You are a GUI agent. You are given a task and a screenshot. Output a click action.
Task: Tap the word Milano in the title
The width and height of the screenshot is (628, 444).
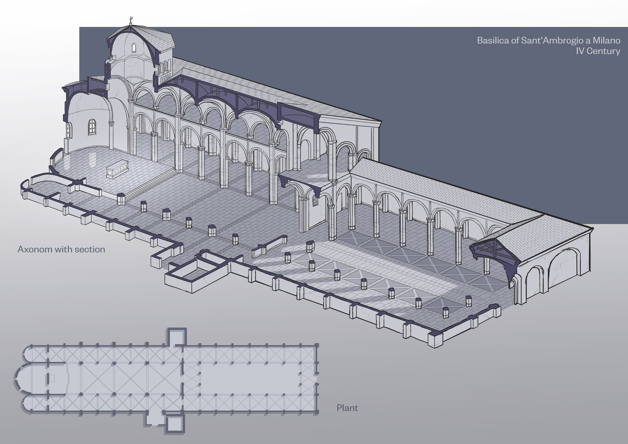click(x=606, y=40)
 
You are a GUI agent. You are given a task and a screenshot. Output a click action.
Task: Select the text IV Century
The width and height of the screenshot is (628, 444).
click(x=598, y=51)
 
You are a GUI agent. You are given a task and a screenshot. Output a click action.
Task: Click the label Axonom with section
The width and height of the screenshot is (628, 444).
click(x=61, y=249)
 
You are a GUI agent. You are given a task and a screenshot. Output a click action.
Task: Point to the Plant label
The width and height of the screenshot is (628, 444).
click(x=347, y=408)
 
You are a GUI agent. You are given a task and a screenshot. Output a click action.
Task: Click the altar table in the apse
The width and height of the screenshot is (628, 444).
click(x=118, y=171)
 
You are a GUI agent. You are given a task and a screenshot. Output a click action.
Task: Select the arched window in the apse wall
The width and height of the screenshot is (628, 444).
click(x=93, y=126)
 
